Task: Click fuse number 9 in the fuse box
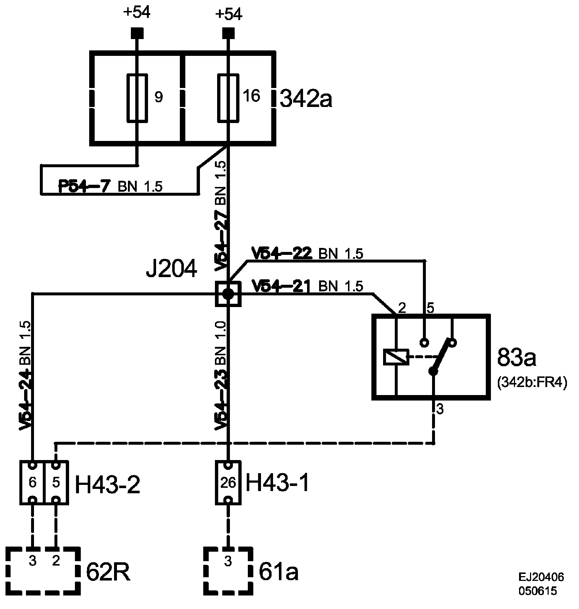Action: point(137,97)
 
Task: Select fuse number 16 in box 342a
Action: point(228,97)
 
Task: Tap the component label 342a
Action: point(306,99)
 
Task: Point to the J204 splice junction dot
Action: point(228,294)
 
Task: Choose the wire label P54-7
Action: point(84,186)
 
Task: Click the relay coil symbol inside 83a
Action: point(396,357)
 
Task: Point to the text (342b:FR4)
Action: point(532,383)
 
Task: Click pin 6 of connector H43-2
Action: point(33,482)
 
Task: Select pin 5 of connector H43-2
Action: point(56,482)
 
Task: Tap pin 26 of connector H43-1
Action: point(228,482)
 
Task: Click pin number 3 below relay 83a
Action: point(440,410)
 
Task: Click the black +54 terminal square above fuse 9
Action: point(137,34)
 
